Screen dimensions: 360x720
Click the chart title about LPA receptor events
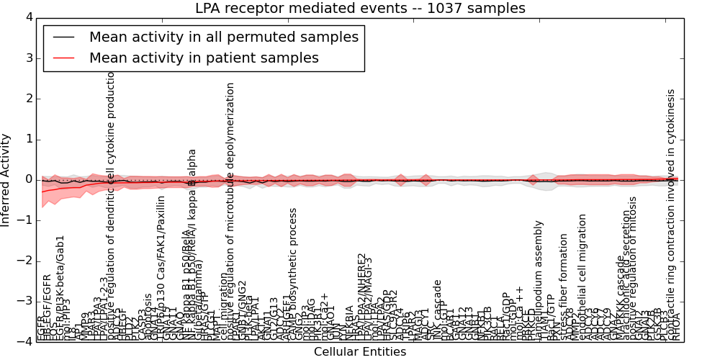(x=360, y=9)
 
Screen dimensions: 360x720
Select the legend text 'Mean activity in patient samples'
(x=204, y=58)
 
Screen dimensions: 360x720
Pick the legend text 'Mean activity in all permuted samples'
(x=223, y=37)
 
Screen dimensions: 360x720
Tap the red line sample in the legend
(x=63, y=58)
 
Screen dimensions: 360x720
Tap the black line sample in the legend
(x=63, y=37)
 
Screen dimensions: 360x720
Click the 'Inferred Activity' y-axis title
(x=6, y=179)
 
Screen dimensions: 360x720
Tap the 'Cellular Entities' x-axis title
(x=360, y=352)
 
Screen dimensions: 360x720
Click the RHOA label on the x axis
(x=676, y=330)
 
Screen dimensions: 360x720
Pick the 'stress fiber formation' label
(x=564, y=287)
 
